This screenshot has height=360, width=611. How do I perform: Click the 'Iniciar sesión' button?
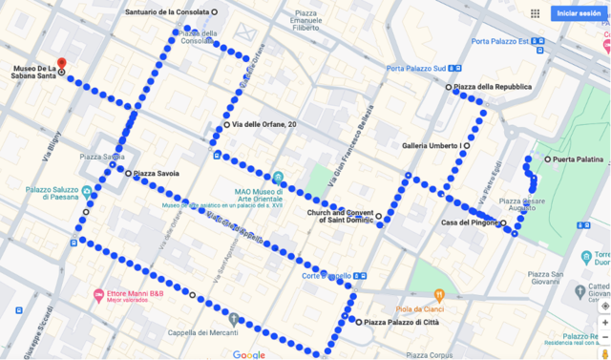click(579, 13)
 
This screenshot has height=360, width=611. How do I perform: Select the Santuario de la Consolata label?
click(167, 11)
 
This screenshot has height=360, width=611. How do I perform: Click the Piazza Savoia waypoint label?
click(157, 174)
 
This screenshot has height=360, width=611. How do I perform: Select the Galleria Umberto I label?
click(432, 145)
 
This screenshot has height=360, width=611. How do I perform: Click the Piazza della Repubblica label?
click(492, 87)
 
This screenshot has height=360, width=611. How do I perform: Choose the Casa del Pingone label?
click(469, 222)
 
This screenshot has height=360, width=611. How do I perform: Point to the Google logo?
click(248, 353)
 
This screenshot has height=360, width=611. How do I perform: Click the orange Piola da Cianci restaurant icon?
click(439, 293)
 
